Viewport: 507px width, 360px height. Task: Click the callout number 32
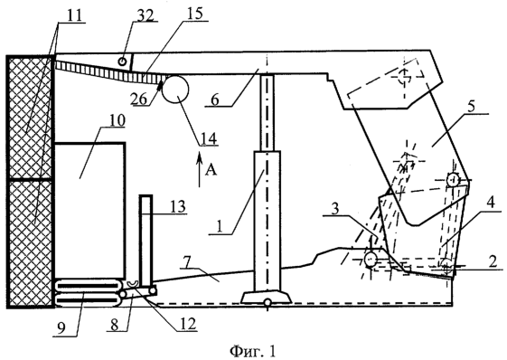click(146, 15)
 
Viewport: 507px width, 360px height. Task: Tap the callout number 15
click(195, 14)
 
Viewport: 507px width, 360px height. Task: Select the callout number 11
click(75, 16)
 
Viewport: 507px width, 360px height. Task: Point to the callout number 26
click(140, 99)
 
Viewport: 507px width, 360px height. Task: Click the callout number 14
click(209, 138)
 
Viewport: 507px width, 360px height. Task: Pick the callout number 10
click(117, 120)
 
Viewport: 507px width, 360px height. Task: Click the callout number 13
click(177, 206)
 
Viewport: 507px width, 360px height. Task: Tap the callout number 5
click(472, 107)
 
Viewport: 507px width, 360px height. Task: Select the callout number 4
click(491, 203)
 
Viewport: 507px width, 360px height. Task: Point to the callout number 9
click(61, 327)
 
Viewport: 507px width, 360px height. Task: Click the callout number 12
click(189, 324)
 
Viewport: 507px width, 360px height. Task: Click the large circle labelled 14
click(175, 88)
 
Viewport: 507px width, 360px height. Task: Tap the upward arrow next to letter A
click(199, 169)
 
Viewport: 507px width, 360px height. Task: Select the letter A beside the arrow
click(211, 169)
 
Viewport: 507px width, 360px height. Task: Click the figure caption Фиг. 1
click(253, 351)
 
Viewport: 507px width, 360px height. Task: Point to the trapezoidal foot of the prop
click(267, 298)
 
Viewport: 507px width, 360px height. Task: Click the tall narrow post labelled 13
click(146, 241)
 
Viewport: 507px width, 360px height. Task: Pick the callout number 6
click(215, 100)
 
